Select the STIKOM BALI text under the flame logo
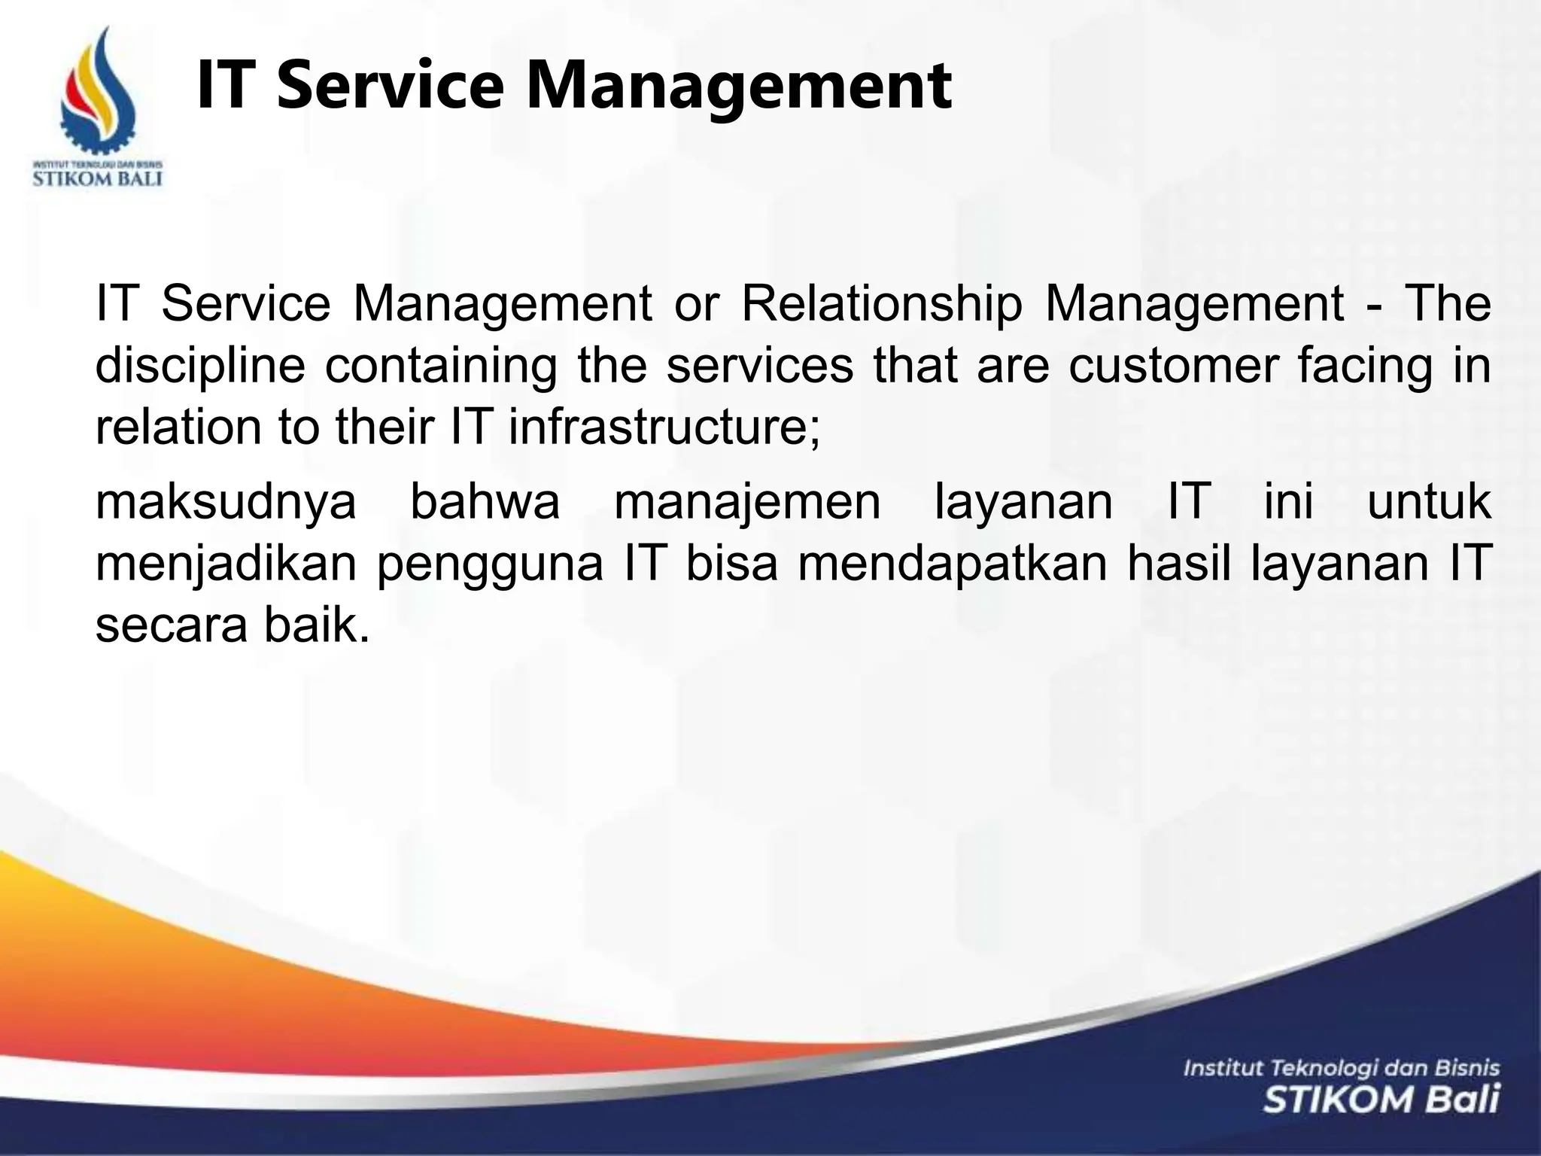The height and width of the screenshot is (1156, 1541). point(98,180)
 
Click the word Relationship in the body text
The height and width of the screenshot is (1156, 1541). point(882,305)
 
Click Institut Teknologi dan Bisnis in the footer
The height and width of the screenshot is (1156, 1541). point(1342,1068)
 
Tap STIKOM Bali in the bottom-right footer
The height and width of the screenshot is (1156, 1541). point(1381,1100)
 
